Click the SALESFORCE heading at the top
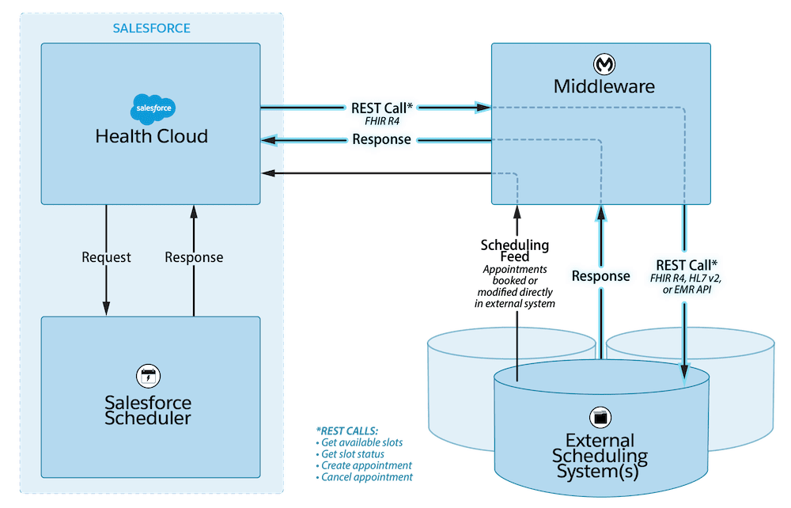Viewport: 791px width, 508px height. tap(151, 28)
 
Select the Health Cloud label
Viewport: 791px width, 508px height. tap(151, 136)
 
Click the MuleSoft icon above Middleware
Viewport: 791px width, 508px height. tap(605, 63)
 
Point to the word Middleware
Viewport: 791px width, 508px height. tap(605, 86)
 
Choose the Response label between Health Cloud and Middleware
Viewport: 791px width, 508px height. tap(381, 139)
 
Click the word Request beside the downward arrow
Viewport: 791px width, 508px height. tap(106, 257)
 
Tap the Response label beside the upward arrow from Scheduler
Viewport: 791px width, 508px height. tap(194, 257)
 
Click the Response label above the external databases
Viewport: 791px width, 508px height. tap(601, 275)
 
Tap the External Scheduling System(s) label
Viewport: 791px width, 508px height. tap(599, 457)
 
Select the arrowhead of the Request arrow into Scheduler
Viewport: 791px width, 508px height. tap(106, 309)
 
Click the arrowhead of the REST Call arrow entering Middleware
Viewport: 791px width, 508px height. tap(483, 105)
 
